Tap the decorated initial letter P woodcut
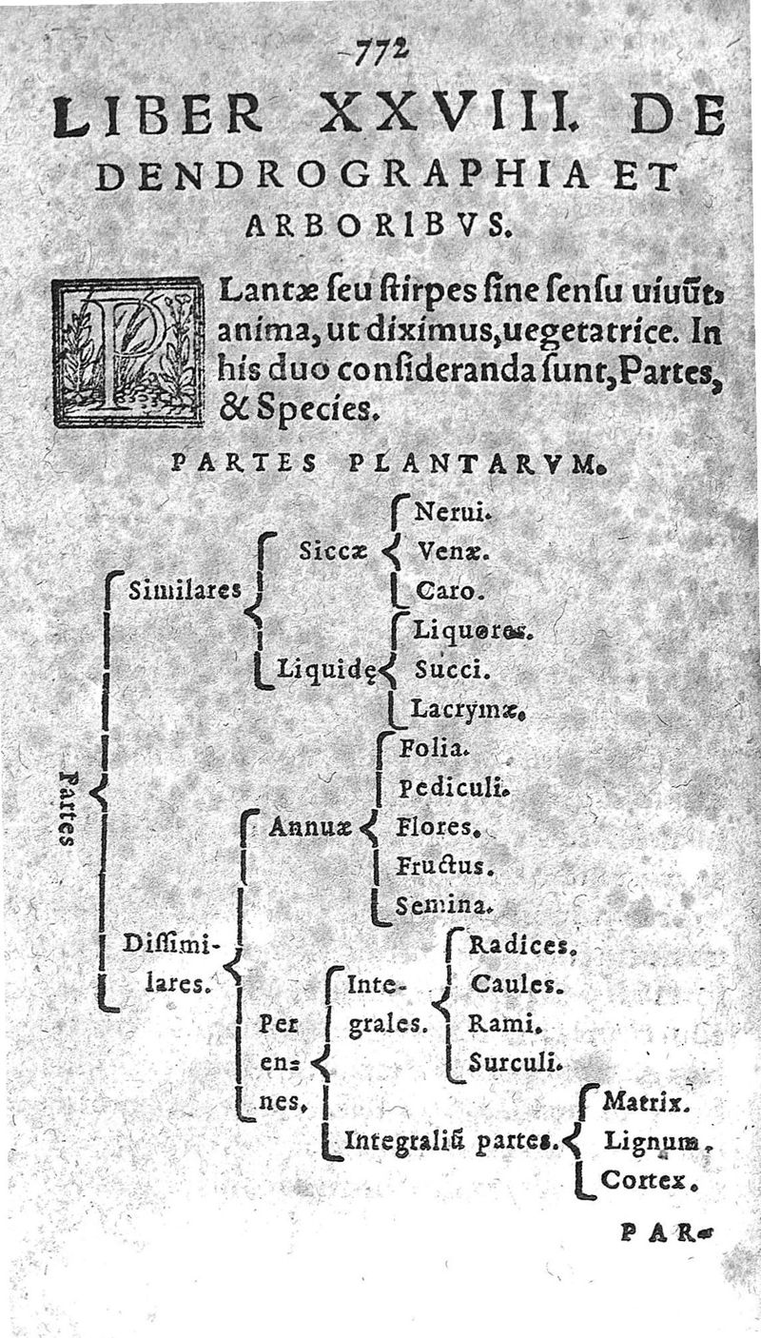click(128, 351)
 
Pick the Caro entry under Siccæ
click(444, 591)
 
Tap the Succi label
click(452, 669)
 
